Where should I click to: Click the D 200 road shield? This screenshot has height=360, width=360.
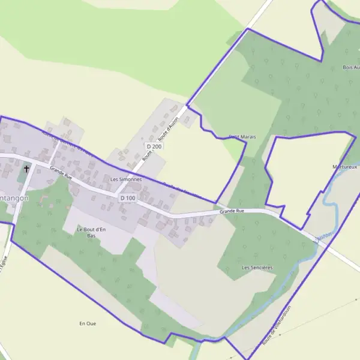click(x=154, y=146)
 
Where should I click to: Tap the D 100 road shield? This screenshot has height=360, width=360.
click(x=128, y=198)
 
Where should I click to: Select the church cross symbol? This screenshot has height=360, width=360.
click(x=26, y=170)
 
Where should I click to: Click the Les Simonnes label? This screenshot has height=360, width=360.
click(x=126, y=179)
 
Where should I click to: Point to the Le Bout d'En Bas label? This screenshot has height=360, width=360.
click(x=91, y=233)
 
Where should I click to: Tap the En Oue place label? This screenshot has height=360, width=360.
click(x=88, y=323)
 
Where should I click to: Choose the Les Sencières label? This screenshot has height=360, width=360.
click(x=257, y=267)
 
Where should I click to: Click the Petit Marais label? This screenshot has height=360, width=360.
click(x=242, y=137)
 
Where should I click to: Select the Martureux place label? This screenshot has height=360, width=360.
click(x=345, y=167)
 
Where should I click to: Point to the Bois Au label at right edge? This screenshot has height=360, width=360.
click(x=350, y=68)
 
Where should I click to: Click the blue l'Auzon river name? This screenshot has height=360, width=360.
click(x=322, y=239)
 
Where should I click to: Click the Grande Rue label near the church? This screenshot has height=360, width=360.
click(x=61, y=173)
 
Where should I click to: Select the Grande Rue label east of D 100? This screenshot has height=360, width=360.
click(x=232, y=211)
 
